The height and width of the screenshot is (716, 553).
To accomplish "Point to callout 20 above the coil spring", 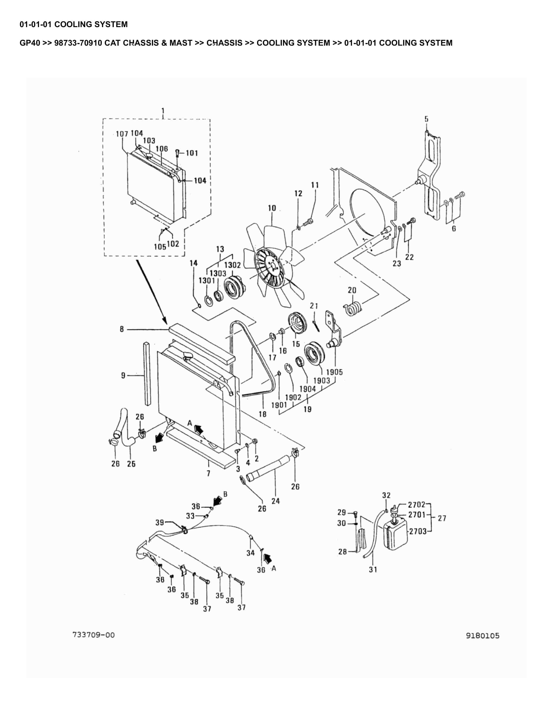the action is (x=352, y=290).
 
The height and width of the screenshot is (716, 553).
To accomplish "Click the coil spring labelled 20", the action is (x=353, y=309).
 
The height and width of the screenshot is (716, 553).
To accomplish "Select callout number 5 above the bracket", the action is (x=426, y=119).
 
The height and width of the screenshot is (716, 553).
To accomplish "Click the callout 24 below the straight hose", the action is (x=276, y=501).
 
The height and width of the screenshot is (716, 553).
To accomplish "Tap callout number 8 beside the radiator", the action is (x=122, y=329).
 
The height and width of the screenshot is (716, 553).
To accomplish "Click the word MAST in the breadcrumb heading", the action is (x=180, y=43).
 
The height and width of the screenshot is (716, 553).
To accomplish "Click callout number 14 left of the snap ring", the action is (x=194, y=263).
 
